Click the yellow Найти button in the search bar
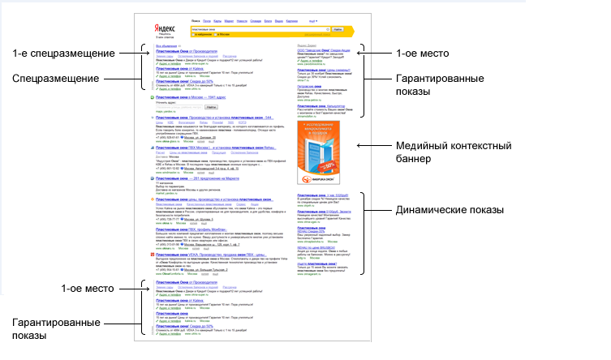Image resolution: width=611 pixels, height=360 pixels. pos(340,29)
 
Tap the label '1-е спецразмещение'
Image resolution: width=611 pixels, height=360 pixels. pos(65,54)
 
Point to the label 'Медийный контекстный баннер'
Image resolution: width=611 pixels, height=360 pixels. pos(454,152)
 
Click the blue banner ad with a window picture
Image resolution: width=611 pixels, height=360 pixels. pos(323,152)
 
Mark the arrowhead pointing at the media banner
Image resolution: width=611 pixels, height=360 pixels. pos(359,146)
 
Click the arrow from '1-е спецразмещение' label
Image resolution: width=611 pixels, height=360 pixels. pos(130,54)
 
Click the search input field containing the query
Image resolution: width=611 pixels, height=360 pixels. pos(259,29)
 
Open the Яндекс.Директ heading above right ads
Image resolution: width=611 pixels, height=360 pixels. pos(306,45)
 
